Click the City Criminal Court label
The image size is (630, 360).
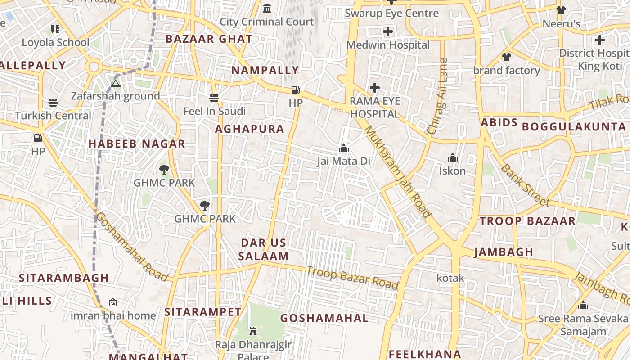(x=266, y=22)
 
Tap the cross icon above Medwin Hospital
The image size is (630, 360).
(x=388, y=31)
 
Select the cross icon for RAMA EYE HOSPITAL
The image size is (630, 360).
(x=374, y=88)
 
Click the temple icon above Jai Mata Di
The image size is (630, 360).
(x=344, y=148)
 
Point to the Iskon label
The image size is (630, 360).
(x=452, y=171)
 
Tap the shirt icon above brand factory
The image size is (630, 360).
(x=507, y=57)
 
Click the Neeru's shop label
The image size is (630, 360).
(x=561, y=24)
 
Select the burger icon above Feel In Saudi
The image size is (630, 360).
(x=214, y=98)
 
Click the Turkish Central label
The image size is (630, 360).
(x=53, y=116)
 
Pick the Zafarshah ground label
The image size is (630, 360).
(x=115, y=96)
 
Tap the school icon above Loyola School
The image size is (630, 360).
(x=55, y=29)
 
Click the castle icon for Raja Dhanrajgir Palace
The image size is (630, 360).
(x=253, y=331)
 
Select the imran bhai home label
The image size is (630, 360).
(x=113, y=315)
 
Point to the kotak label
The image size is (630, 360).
(x=450, y=278)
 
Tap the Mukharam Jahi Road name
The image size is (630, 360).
(x=398, y=171)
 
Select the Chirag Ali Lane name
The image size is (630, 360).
(x=438, y=96)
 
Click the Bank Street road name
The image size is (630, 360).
(x=525, y=185)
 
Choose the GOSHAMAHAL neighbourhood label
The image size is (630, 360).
(x=324, y=318)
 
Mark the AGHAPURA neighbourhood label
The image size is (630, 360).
(x=249, y=129)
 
